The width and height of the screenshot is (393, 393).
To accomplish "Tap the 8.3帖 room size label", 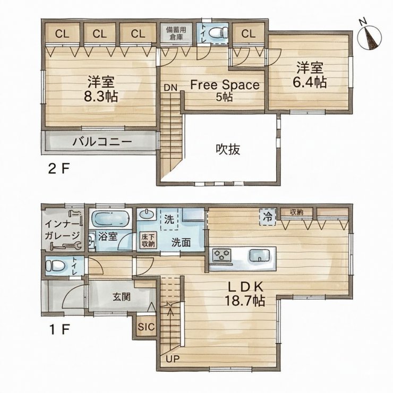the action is tap(101, 96).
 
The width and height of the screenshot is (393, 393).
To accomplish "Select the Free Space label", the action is tap(225, 85).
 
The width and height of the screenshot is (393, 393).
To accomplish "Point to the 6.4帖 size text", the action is tap(310, 82).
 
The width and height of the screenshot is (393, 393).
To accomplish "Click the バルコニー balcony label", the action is tap(102, 142).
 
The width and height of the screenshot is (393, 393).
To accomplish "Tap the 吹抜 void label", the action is tap(228, 149).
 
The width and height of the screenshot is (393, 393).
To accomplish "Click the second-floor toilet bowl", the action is tap(218, 32).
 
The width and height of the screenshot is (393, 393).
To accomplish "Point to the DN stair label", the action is tap(170, 88).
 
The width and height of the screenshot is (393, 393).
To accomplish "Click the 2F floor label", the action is tap(58, 169).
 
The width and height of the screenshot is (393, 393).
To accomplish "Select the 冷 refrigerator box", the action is tap(268, 217).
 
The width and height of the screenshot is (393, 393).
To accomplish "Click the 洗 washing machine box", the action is tap(169, 219).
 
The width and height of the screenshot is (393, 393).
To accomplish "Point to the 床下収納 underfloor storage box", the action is tap(148, 241).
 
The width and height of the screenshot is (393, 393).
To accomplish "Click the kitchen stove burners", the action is tap(221, 255).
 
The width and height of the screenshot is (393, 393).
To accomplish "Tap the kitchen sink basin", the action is tap(260, 255).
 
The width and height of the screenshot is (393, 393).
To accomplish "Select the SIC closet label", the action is tap(147, 327).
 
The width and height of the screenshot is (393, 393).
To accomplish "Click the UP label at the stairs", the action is tap(173, 359).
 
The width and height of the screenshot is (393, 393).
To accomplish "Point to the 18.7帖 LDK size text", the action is tap(245, 301).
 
